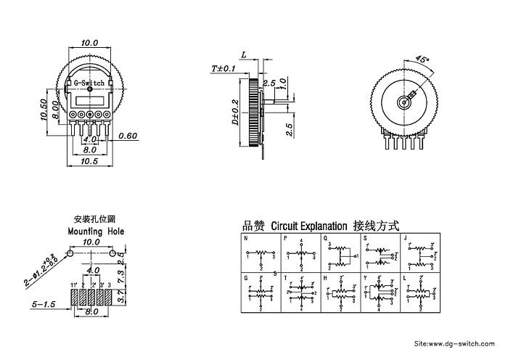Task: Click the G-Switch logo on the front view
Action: pos(91,83)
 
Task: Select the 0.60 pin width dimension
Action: pos(128,136)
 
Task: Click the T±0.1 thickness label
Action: pos(224,68)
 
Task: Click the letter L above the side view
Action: pos(244,55)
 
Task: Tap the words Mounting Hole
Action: pos(96,230)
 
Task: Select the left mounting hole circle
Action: pos(70,253)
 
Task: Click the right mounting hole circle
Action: pos(112,253)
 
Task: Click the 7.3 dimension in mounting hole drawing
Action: pos(123,276)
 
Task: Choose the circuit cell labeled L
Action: pos(419,292)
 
